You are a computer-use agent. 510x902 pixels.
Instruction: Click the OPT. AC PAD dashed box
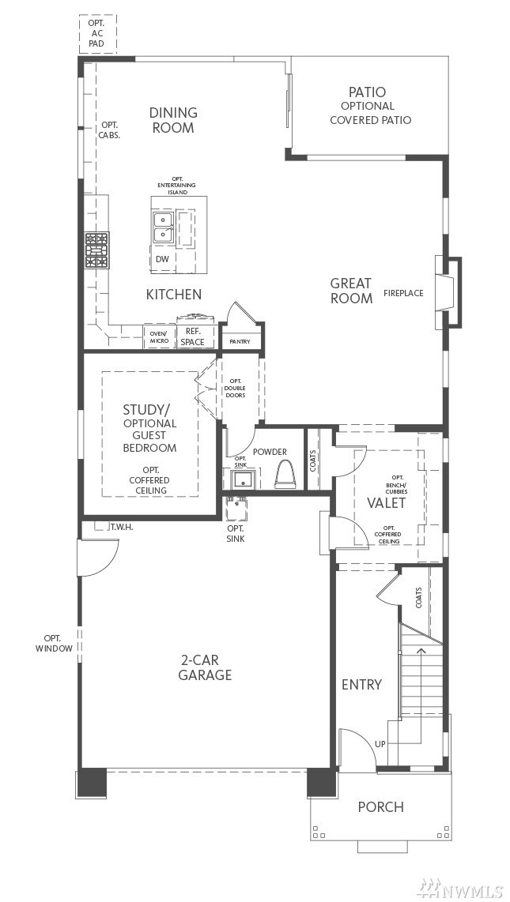[x=98, y=33]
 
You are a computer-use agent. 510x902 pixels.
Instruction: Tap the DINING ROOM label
[x=173, y=120]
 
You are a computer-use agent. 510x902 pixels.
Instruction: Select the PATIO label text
[x=367, y=92]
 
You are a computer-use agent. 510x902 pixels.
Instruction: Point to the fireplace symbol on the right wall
[x=448, y=292]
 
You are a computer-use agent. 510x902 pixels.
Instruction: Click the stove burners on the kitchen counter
[x=96, y=251]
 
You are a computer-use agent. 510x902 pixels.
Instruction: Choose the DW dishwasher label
[x=162, y=259]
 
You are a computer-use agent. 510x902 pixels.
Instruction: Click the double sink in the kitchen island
[x=164, y=227]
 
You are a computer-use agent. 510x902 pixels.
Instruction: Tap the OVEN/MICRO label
[x=159, y=337]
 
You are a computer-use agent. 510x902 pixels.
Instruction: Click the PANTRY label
[x=240, y=342]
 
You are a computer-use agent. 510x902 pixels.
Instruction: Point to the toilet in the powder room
[x=285, y=475]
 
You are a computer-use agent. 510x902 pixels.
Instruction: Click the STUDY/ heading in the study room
[x=143, y=410]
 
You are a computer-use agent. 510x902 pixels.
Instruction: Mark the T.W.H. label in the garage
[x=122, y=526]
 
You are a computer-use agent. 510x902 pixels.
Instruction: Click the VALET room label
[x=386, y=503]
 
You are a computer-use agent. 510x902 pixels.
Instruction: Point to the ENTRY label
[x=361, y=685]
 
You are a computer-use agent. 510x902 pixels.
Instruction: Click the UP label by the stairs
[x=380, y=744]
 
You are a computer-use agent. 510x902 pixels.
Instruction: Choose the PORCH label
[x=380, y=807]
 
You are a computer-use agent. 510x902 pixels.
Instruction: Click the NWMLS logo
[x=460, y=889]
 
